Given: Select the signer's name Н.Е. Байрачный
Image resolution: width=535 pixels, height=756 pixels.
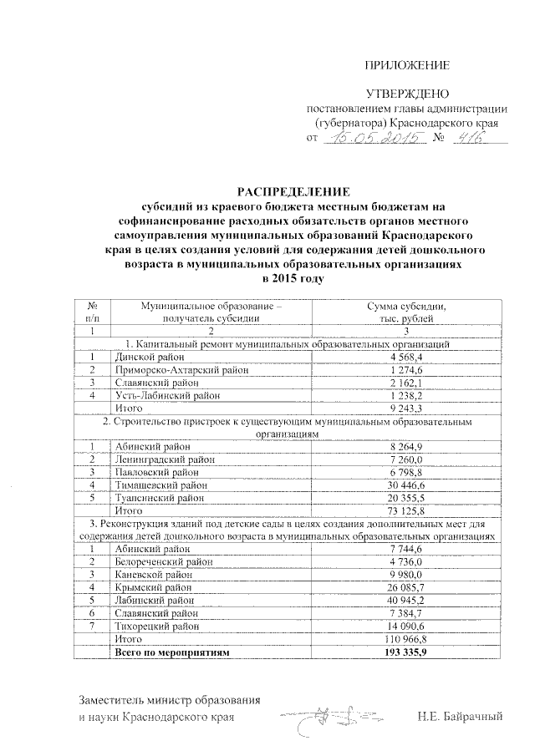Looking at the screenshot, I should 463,717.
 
